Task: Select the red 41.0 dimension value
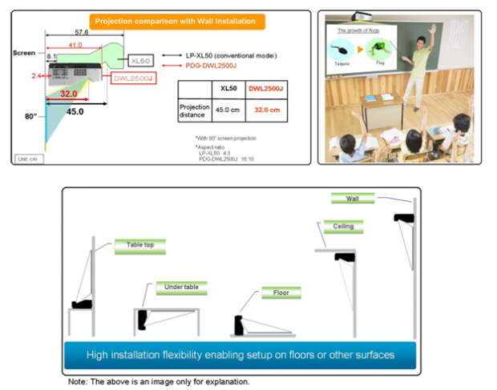74,46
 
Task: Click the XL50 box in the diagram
140,60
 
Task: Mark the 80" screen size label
31,118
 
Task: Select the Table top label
139,245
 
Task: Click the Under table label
181,286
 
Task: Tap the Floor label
281,293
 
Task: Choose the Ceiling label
343,227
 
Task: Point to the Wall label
353,198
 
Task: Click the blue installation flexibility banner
240,353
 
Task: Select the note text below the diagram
158,381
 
